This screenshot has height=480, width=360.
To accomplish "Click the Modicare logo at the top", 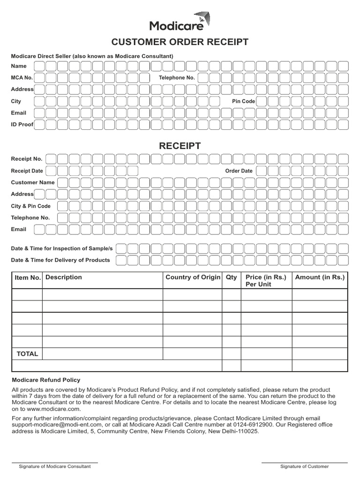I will click(x=180, y=22).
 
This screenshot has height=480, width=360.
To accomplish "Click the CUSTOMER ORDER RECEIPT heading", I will click(x=180, y=43).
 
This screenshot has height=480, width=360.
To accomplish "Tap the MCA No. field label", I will click(x=22, y=78).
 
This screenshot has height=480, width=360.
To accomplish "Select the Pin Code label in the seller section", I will click(x=243, y=101).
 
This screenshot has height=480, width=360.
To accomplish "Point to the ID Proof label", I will click(x=22, y=125).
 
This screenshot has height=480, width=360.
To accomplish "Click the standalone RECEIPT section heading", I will click(x=180, y=146).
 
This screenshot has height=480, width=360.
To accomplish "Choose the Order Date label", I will click(x=239, y=171).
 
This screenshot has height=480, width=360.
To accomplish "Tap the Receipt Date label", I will click(x=27, y=171).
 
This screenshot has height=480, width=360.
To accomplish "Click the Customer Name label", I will click(x=33, y=182).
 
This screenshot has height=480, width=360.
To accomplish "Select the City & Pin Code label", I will click(x=30, y=206).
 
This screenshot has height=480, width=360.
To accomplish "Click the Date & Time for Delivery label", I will click(x=60, y=260).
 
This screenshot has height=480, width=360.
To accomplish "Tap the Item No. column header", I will click(x=28, y=278).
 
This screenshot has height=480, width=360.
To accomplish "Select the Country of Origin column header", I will click(x=193, y=277).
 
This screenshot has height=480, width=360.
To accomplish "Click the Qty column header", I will click(x=232, y=277).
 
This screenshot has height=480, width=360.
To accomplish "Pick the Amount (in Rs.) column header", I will click(x=320, y=277).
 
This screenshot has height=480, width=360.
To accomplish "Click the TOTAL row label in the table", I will click(x=27, y=354).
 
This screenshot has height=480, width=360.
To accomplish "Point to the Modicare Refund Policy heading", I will click(x=45, y=380).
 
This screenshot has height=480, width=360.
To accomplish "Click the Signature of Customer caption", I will click(x=304, y=466).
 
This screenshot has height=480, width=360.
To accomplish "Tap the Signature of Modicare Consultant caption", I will click(x=54, y=466).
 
